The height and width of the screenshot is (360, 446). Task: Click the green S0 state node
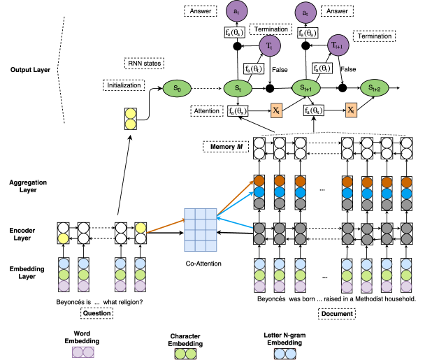[x=178, y=89]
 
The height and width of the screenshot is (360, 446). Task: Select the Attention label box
[x=207, y=111]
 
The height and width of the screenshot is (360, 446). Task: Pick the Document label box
[x=336, y=314]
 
